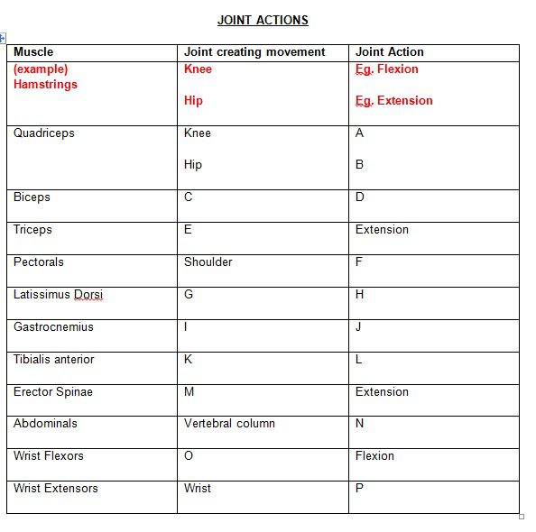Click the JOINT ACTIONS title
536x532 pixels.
point(263,20)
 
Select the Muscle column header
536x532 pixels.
point(33,52)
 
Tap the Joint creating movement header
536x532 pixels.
point(254,52)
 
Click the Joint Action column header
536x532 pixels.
point(389,52)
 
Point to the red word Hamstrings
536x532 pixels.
point(45,85)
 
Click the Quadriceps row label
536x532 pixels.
point(43,133)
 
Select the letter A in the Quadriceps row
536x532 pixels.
point(360,133)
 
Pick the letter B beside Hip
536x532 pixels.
point(360,165)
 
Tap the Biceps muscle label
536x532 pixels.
point(32,197)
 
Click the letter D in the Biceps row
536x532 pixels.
point(360,197)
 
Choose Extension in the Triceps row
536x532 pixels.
point(382,230)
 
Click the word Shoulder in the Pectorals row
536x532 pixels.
point(208,262)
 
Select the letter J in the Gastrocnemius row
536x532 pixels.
point(358,327)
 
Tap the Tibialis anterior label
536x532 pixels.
point(53,360)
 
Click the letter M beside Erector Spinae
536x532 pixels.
point(189,392)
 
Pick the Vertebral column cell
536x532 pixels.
point(229,424)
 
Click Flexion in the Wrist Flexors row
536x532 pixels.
point(374,456)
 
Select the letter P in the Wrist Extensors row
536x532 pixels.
point(360,489)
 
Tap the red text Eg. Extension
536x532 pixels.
point(393,101)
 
